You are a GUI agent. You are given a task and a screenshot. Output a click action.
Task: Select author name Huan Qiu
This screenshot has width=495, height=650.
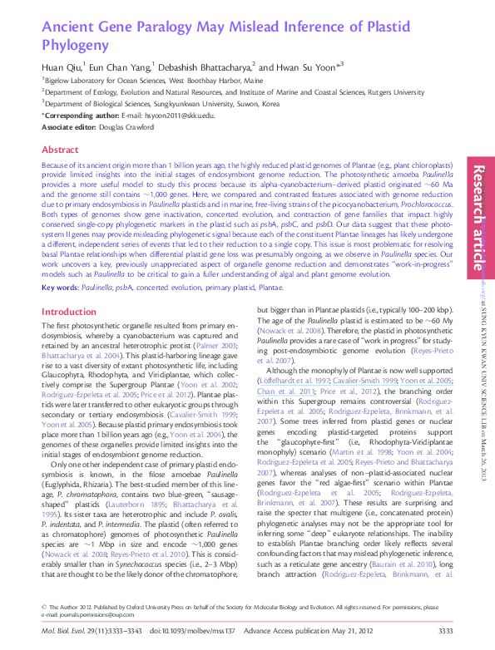pyautogui.click(x=62, y=66)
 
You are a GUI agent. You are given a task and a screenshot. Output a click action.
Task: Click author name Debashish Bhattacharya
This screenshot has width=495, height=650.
pyautogui.click(x=212, y=66)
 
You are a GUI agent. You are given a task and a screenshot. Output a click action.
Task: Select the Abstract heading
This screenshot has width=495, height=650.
pyautogui.click(x=60, y=150)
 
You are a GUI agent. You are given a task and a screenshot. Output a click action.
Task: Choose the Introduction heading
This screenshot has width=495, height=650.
pyautogui.click(x=69, y=288)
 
